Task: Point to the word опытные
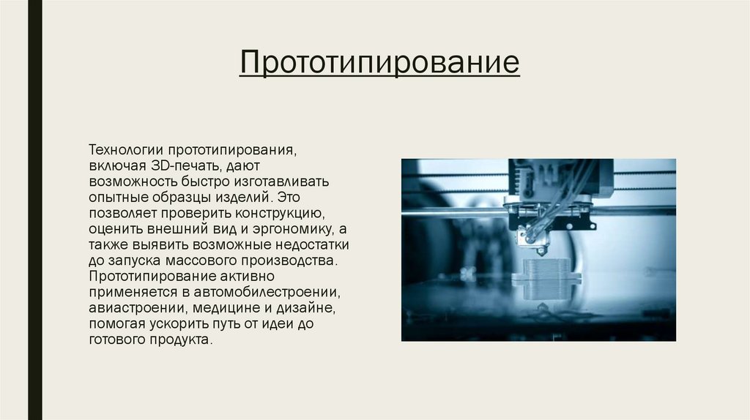[119, 197]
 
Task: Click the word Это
[288, 197]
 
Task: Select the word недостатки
[309, 244]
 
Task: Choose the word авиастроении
[129, 308]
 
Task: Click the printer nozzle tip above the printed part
[542, 251]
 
